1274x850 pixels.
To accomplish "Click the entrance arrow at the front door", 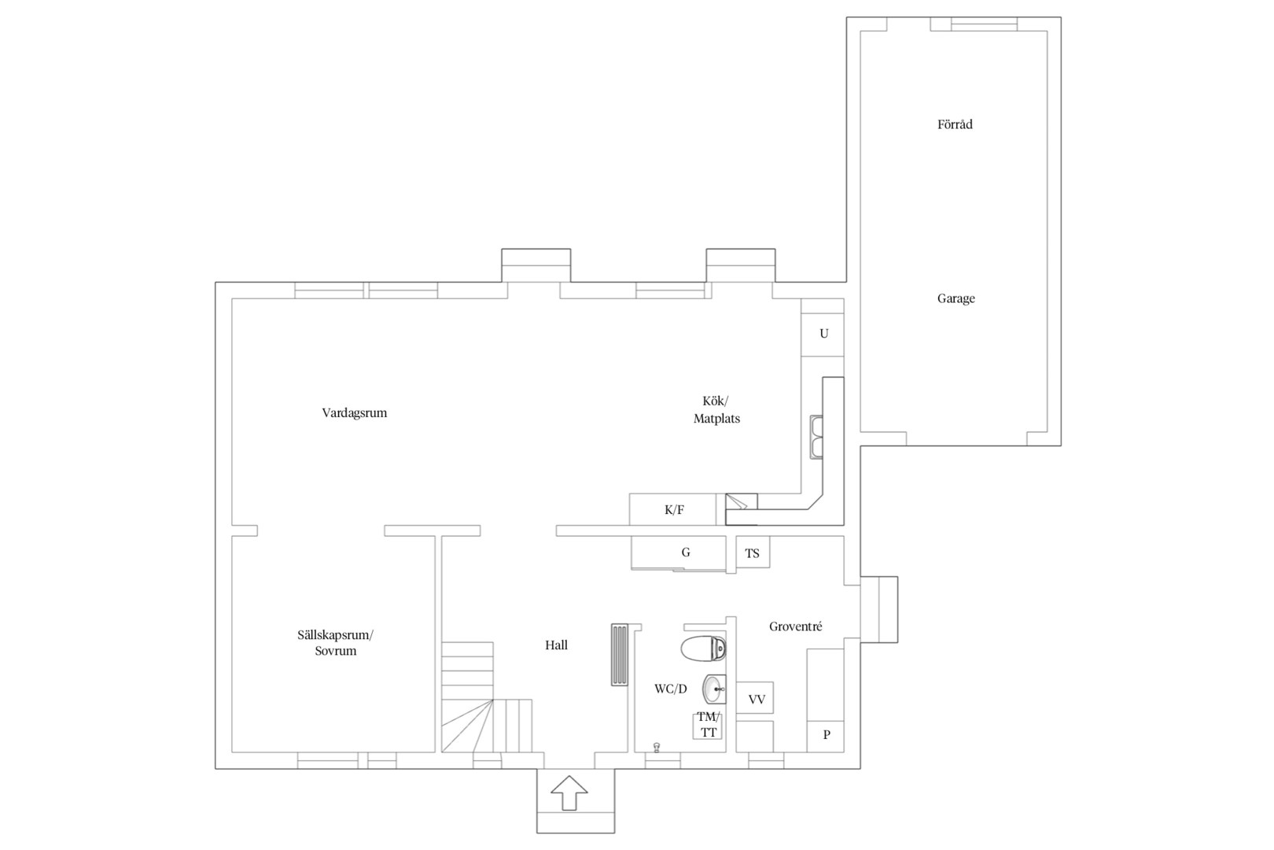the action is pyautogui.click(x=569, y=793).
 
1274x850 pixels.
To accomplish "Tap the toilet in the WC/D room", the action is pyautogui.click(x=704, y=649).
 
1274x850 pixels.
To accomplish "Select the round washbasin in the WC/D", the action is pyautogui.click(x=714, y=689).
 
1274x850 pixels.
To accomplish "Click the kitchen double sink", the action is pyautogui.click(x=817, y=437).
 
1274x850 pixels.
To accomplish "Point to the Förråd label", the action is pyautogui.click(x=955, y=124).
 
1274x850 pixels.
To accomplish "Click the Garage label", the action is pyautogui.click(x=956, y=298).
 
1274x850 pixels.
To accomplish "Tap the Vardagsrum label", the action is pyautogui.click(x=355, y=412).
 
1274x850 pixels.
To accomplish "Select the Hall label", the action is pyautogui.click(x=556, y=645).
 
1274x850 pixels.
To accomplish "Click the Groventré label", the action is pyautogui.click(x=796, y=626).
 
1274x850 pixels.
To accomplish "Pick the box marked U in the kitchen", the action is pyautogui.click(x=823, y=334).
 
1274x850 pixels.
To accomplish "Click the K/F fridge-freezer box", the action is pyautogui.click(x=673, y=509).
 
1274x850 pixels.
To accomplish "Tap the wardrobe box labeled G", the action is pyautogui.click(x=679, y=552).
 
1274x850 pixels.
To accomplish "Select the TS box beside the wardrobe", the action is pyautogui.click(x=753, y=552).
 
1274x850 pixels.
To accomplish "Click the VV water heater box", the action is pyautogui.click(x=755, y=698).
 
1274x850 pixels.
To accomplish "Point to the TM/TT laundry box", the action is pyautogui.click(x=708, y=726).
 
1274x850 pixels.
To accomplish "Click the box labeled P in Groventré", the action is pyautogui.click(x=825, y=737).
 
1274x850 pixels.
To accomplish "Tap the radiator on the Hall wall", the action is pyautogui.click(x=620, y=656).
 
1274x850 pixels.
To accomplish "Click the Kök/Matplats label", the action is pyautogui.click(x=716, y=409).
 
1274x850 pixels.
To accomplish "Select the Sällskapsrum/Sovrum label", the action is pyautogui.click(x=336, y=643).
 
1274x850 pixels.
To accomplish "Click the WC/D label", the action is pyautogui.click(x=671, y=689).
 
